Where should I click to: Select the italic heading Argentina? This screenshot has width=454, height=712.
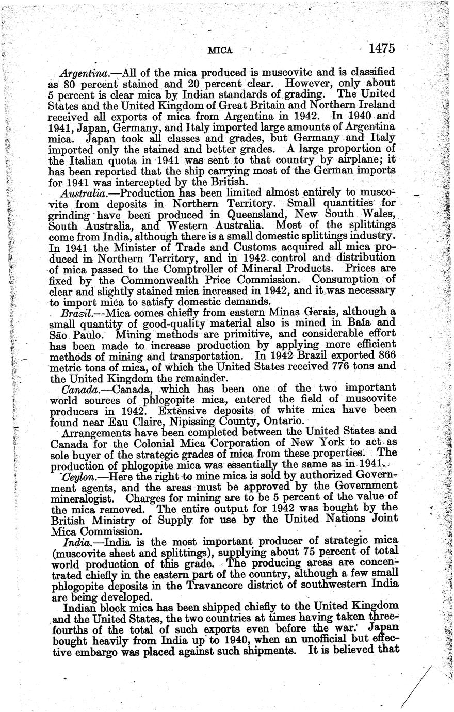(x=82, y=73)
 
